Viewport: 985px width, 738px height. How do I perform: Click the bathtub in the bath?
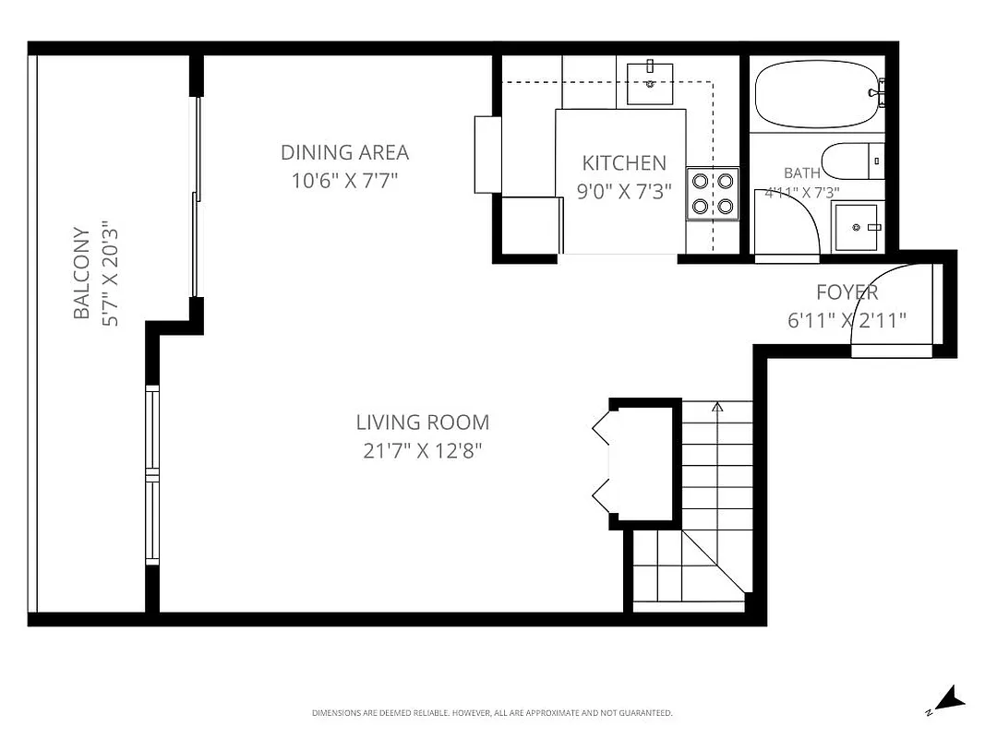[816, 94]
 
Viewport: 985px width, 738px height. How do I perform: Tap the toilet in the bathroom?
[853, 161]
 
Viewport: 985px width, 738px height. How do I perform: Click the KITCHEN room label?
[623, 163]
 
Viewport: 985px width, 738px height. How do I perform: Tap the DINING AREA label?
[344, 152]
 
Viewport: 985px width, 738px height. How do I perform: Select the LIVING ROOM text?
[422, 423]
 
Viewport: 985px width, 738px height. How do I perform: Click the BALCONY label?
[82, 274]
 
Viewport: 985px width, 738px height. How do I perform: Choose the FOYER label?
[847, 292]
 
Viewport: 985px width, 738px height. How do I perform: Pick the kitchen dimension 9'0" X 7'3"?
[623, 191]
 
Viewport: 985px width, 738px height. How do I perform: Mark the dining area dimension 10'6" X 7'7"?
[344, 181]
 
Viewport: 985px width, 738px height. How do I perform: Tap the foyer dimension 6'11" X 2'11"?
[847, 320]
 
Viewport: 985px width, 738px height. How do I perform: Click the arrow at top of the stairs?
[718, 406]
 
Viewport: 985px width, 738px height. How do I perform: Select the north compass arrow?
[948, 699]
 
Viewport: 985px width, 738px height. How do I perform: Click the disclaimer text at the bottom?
[492, 713]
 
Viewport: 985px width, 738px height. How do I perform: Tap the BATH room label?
[801, 173]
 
